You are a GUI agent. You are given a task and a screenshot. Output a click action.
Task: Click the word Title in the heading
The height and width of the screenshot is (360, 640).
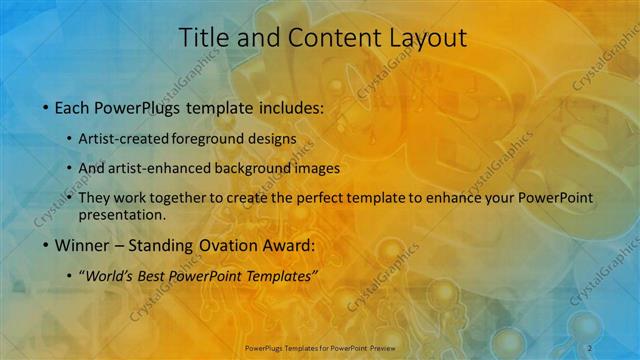coord(203,38)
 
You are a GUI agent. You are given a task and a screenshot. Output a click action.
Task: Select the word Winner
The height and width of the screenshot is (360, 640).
coord(85,245)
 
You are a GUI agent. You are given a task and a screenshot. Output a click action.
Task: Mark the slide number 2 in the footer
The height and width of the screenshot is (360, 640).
coord(591,347)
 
